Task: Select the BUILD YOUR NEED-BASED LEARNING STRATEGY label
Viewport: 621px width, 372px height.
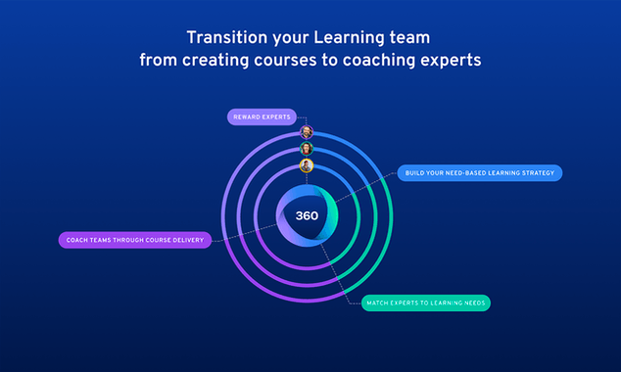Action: pos(479,173)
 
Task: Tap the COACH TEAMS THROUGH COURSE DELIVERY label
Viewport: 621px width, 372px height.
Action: pos(134,240)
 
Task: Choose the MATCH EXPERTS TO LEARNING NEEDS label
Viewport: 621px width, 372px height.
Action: pos(424,302)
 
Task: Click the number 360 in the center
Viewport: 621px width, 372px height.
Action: pos(307,215)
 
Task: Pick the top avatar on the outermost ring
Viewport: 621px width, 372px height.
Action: pos(307,132)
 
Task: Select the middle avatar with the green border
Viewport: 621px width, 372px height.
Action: pos(307,149)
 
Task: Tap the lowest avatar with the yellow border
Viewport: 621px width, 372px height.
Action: pos(307,165)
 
